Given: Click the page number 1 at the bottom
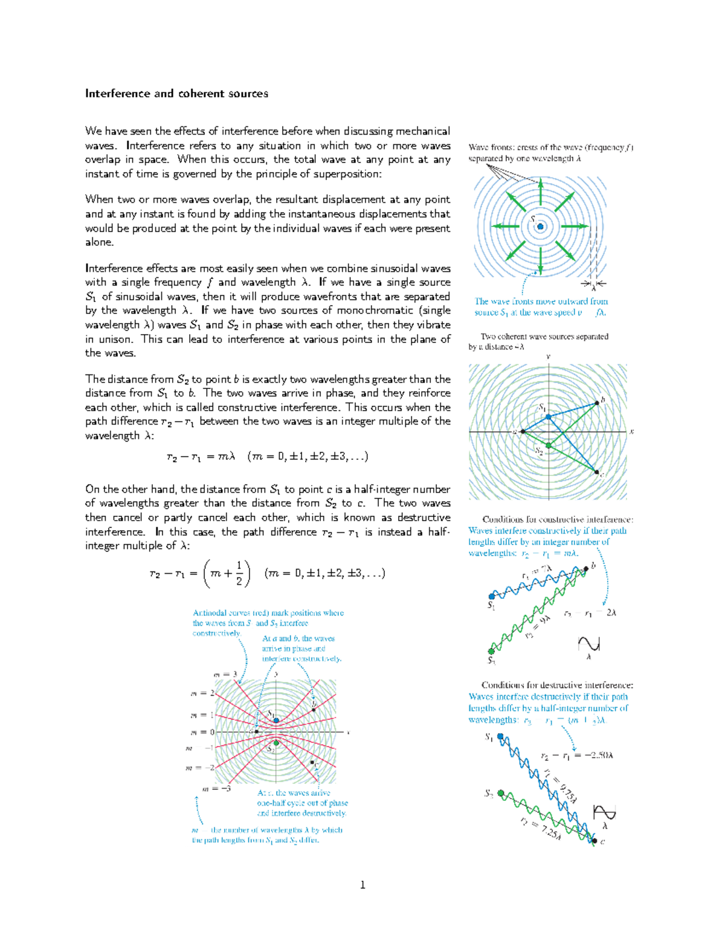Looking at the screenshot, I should tap(362, 885).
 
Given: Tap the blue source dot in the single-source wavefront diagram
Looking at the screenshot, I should tap(540, 227).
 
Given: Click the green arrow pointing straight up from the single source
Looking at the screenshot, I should tap(540, 192).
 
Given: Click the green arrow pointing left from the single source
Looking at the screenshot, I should tap(505, 226).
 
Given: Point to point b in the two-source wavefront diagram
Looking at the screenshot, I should tap(596, 402).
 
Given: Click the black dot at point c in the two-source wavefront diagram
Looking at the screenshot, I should tap(596, 472).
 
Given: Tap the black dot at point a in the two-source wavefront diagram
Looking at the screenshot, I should tap(521, 432).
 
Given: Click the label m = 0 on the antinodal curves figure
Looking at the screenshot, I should tap(202, 732).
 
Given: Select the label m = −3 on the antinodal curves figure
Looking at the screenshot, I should tap(216, 789).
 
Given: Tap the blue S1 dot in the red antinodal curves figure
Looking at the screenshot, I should tap(276, 721).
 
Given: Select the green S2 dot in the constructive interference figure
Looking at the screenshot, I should tap(491, 652).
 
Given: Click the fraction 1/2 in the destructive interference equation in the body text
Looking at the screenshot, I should tap(239, 573).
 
